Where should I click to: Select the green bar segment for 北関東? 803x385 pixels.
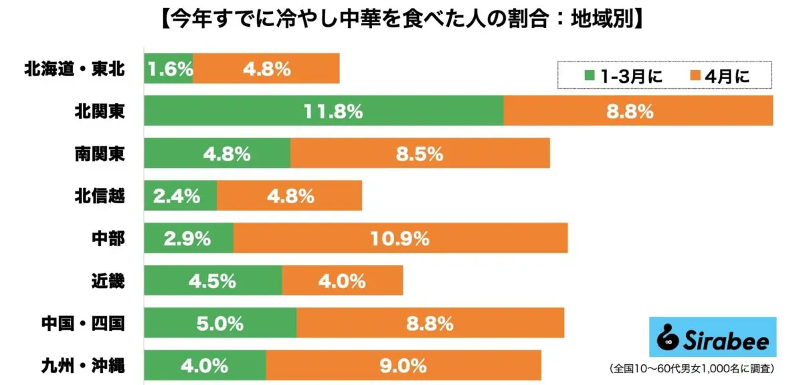point(323,111)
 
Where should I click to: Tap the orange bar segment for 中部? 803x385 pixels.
point(400,239)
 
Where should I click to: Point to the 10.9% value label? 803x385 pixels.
point(401,239)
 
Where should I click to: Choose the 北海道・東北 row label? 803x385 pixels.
point(74,68)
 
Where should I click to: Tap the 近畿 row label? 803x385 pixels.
point(107,281)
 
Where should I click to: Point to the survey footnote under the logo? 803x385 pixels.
point(691,368)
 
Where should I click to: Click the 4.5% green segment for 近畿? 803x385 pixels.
point(213,281)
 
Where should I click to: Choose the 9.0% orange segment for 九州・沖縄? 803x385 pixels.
point(404,366)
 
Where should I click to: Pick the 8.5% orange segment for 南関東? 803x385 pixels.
point(420,154)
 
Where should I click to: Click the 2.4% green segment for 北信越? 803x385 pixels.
point(180,196)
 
